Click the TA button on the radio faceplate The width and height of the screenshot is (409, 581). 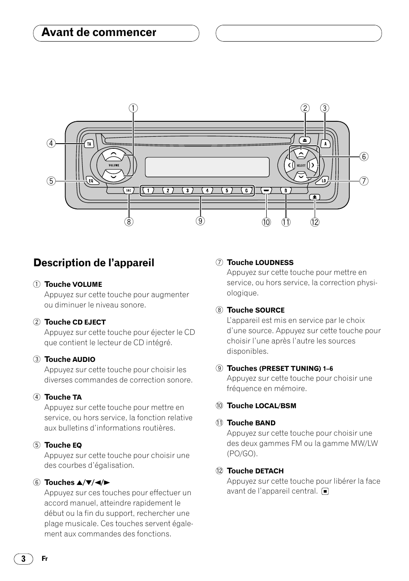(x=89, y=144)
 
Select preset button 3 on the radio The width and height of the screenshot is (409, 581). (x=187, y=191)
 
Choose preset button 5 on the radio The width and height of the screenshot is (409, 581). (x=227, y=191)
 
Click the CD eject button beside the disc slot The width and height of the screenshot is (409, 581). (x=305, y=140)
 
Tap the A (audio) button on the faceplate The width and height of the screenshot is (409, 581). (x=325, y=144)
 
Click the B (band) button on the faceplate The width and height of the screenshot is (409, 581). (x=286, y=191)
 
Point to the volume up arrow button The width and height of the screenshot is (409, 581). (x=114, y=155)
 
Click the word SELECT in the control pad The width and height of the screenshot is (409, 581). (x=301, y=165)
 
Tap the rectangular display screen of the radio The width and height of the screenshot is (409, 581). (x=207, y=167)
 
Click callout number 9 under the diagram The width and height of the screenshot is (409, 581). (x=200, y=221)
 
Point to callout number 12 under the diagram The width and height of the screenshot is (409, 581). (x=315, y=222)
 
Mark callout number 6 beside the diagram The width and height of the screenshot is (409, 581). (x=364, y=157)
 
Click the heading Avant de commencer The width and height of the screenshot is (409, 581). (x=99, y=33)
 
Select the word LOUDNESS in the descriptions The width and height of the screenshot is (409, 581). (x=274, y=263)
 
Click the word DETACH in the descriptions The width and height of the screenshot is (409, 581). (x=270, y=471)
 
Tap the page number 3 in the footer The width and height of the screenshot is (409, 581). (x=23, y=558)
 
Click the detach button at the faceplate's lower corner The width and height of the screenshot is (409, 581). (x=315, y=197)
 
